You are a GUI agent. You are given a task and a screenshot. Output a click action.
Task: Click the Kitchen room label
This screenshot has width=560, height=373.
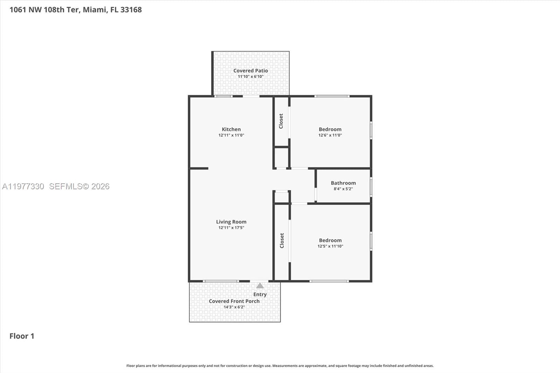[231, 129]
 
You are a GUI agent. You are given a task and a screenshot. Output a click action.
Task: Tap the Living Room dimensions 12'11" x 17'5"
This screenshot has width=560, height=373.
[231, 228]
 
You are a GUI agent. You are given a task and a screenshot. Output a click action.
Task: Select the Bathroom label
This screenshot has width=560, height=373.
[343, 183]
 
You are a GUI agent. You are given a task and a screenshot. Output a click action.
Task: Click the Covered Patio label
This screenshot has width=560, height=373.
[251, 71]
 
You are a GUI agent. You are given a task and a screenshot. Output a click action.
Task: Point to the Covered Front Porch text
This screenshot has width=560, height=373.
[234, 301]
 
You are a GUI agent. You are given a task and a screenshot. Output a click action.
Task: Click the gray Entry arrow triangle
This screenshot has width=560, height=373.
[260, 286]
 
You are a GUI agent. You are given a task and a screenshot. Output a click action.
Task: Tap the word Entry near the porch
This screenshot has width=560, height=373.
[260, 295]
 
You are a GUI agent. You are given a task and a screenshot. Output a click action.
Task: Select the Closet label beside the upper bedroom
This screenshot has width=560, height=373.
[281, 121]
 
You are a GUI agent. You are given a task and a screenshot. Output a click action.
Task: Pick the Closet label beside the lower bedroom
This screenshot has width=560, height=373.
[282, 241]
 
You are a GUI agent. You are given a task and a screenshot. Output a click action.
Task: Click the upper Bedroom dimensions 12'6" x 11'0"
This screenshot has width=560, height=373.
[330, 135]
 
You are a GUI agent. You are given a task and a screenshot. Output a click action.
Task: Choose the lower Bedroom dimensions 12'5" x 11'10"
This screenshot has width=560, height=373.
[330, 246]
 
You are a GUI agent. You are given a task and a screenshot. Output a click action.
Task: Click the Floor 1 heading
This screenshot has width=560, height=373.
[22, 336]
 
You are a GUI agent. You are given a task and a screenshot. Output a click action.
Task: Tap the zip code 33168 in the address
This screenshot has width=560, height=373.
[131, 10]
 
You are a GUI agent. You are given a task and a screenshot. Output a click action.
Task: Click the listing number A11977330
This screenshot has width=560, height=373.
[23, 186]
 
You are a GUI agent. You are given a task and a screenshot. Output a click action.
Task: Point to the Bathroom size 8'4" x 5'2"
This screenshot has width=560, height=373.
[343, 189]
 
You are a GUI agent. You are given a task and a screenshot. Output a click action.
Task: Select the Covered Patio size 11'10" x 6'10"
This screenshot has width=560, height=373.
[251, 77]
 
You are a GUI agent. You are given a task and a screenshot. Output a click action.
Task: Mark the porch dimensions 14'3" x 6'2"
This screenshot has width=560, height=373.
[234, 307]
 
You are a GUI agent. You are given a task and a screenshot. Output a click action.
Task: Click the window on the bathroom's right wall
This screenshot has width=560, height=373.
[371, 186]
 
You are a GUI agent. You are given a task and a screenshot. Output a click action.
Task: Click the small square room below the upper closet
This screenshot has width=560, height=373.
[281, 158]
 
